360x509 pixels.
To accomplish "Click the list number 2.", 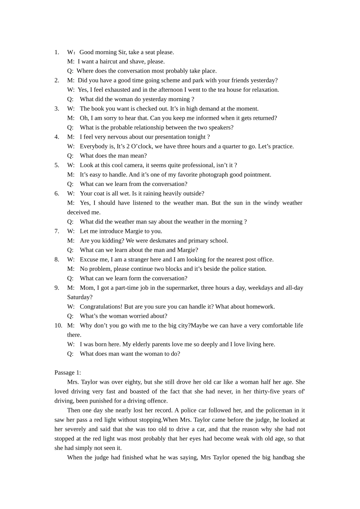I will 57,80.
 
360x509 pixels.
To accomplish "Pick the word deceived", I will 78,212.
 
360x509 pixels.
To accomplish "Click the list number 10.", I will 58,325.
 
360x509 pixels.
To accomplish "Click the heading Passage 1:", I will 67,373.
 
